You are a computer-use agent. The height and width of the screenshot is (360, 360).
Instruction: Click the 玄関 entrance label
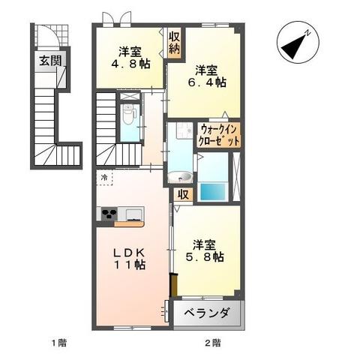click(x=50, y=61)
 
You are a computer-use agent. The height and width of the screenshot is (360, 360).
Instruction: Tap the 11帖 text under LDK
click(x=129, y=265)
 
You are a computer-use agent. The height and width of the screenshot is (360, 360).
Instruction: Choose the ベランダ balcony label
click(x=208, y=313)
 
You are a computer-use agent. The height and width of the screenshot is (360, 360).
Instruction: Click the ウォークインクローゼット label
click(x=219, y=136)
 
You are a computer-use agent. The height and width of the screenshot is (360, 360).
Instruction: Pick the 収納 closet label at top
click(x=174, y=43)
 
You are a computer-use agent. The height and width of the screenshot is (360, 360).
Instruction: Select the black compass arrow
click(x=295, y=43)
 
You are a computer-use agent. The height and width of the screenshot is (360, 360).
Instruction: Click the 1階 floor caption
click(x=59, y=343)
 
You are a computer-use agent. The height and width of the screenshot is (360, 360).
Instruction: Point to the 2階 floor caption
click(x=212, y=343)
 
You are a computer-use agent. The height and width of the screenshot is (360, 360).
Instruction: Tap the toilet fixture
click(x=129, y=115)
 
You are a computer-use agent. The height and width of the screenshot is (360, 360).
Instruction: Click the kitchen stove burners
click(x=106, y=214)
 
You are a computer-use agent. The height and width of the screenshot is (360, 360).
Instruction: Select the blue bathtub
click(x=213, y=190)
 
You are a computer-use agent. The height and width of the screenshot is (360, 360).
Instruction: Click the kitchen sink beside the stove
click(x=133, y=214)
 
